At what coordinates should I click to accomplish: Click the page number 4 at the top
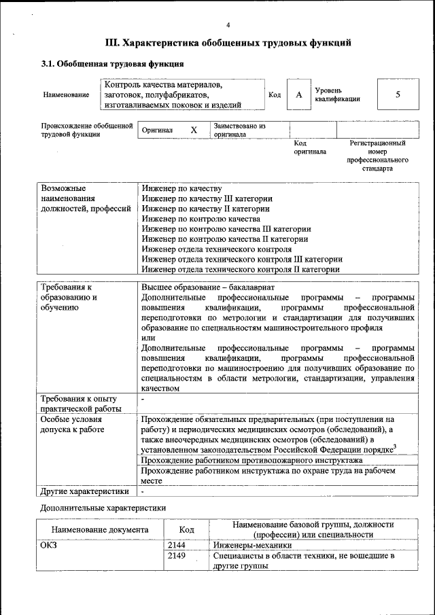(228, 25)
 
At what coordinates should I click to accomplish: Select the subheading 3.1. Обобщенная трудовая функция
(112, 65)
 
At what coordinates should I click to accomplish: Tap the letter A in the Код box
(298, 94)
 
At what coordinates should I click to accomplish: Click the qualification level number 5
(398, 94)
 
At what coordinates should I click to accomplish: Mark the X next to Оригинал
(194, 130)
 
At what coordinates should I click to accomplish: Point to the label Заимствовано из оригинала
(239, 130)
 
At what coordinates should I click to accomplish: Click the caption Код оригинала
(309, 147)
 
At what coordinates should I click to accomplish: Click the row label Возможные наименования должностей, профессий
(85, 198)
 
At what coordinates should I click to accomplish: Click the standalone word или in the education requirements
(148, 338)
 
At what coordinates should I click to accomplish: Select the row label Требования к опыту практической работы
(80, 403)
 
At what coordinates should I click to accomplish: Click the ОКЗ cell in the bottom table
(50, 544)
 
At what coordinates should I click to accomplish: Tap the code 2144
(177, 544)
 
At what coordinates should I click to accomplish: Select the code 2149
(177, 556)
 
